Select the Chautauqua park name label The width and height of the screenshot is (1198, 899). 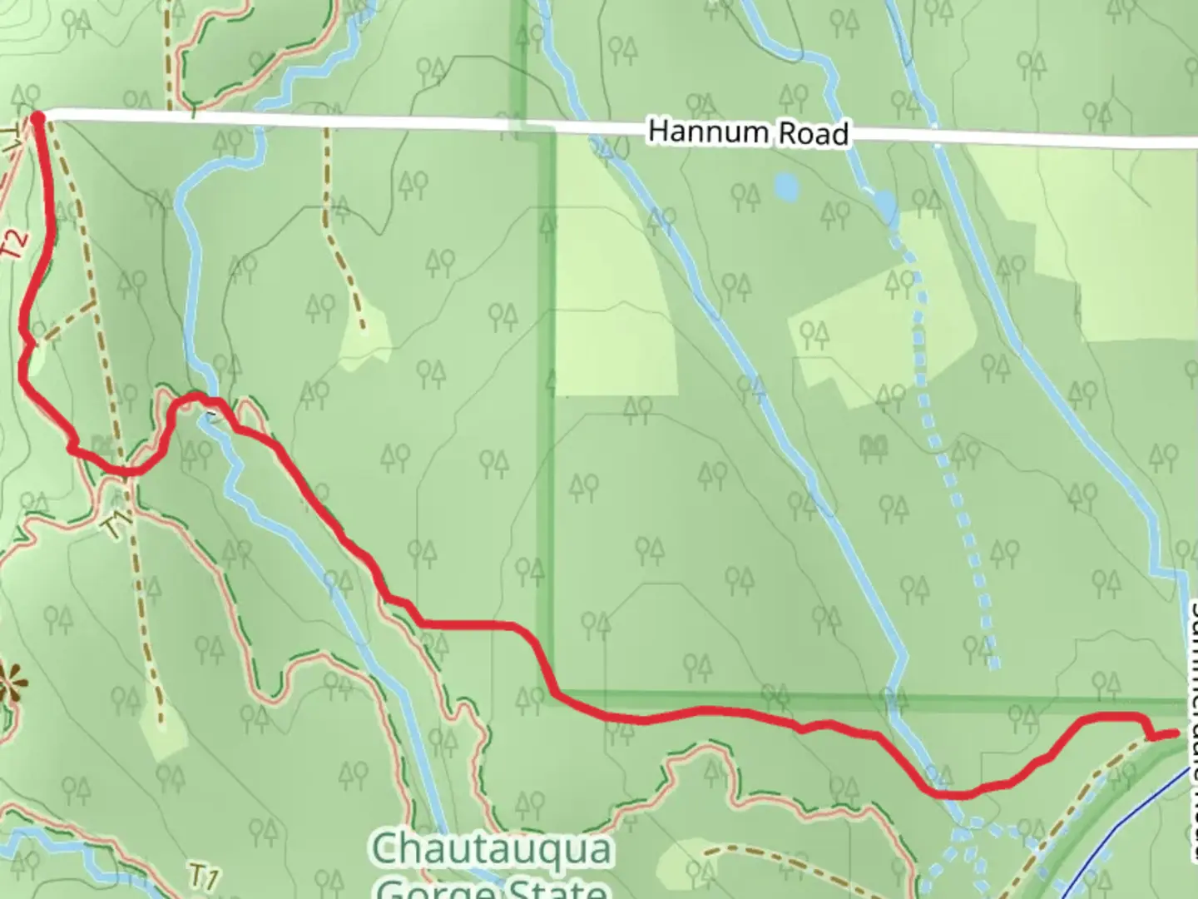[493, 850]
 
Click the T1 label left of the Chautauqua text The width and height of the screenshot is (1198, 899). [204, 877]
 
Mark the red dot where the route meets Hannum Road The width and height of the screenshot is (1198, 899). [37, 117]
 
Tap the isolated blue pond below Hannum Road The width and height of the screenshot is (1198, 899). [785, 186]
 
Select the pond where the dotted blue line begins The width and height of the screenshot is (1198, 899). [885, 204]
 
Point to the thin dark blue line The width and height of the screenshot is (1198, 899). [1131, 832]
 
